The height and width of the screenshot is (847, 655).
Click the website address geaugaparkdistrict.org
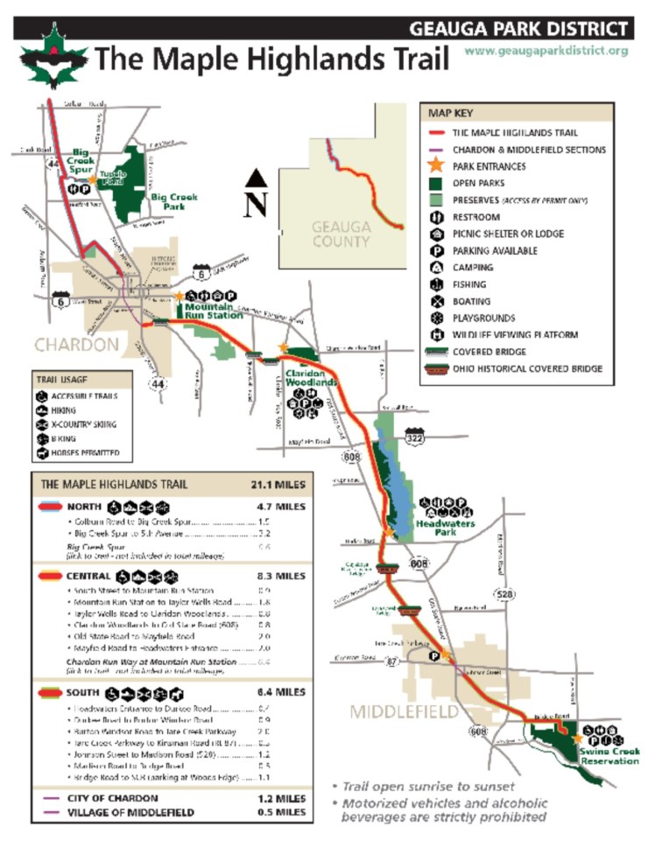tap(546, 51)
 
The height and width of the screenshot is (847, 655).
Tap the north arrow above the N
tap(256, 178)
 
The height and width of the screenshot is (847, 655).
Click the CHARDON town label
tap(76, 344)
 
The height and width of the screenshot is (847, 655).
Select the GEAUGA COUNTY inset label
tap(342, 234)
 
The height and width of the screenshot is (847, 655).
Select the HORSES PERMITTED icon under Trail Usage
tap(41, 453)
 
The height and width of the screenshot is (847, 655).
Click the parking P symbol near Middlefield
tap(433, 656)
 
